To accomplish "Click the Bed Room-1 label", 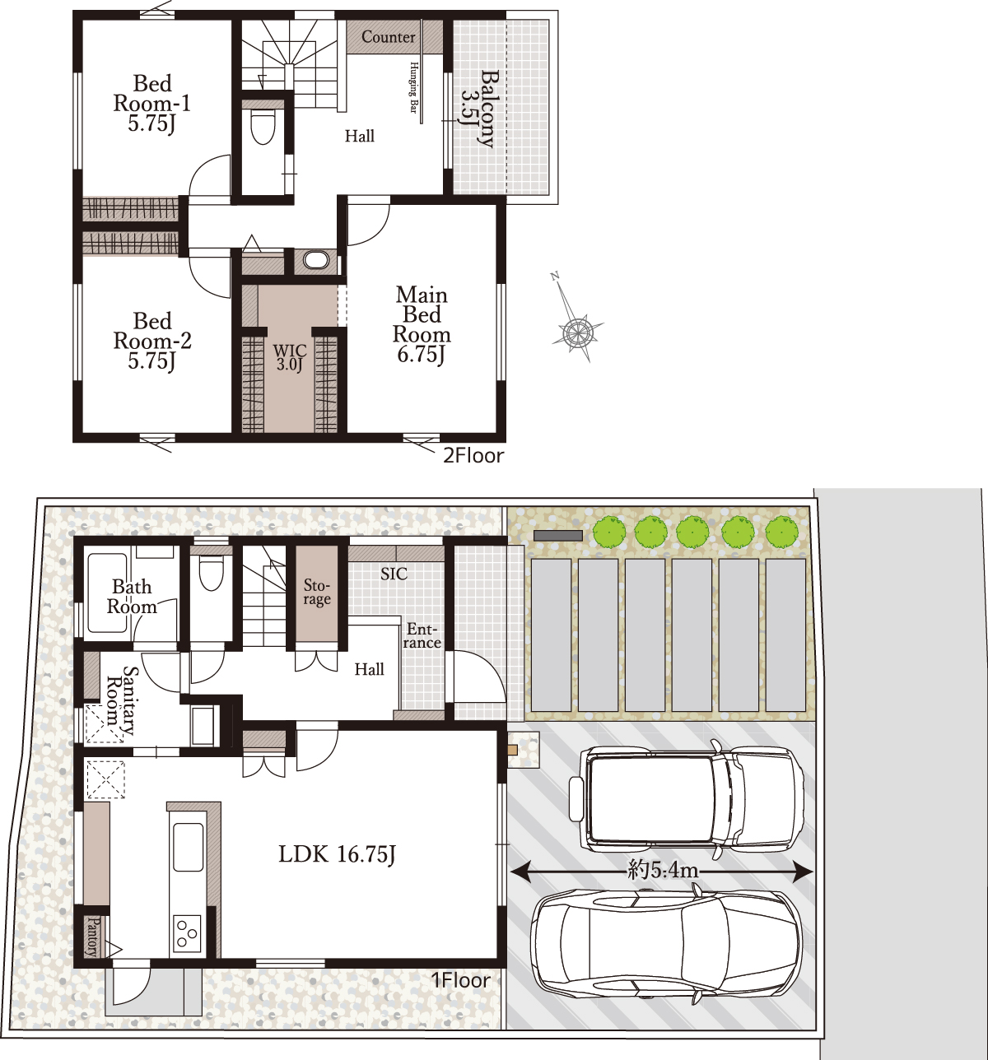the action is tap(151, 104).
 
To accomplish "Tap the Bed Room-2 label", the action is tap(152, 341).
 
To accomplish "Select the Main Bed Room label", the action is tap(422, 324).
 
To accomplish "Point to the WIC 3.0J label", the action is tap(290, 358).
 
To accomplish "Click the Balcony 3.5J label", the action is tap(478, 108).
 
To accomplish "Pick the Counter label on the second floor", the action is tap(388, 37).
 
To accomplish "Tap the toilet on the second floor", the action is tap(262, 127).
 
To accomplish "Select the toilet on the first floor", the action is tap(211, 573).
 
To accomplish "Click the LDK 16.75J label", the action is tap(337, 855).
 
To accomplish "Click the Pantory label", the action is tap(93, 937).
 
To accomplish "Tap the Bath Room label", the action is tap(132, 597).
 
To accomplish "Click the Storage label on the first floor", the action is tap(317, 592).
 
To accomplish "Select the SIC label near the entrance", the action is tap(394, 574).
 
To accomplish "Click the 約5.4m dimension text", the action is tap(663, 871).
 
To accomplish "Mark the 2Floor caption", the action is tap(473, 456).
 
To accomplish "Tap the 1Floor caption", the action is tap(460, 980).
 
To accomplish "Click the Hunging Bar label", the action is tap(413, 87).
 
